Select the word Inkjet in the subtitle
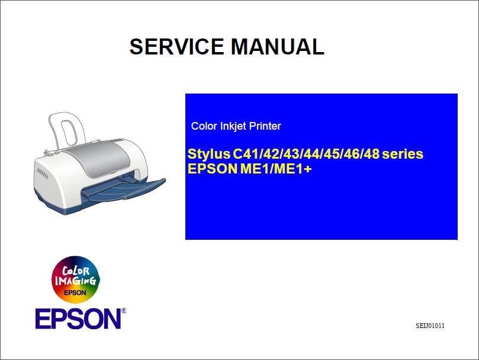pyautogui.click(x=233, y=126)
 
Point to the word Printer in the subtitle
pyautogui.click(x=265, y=126)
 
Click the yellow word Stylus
pyautogui.click(x=208, y=155)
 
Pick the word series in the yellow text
pyautogui.click(x=403, y=155)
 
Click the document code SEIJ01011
pyautogui.click(x=430, y=326)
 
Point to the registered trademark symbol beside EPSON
pyautogui.click(x=124, y=310)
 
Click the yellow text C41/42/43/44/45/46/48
pyautogui.click(x=306, y=155)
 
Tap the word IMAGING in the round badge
pyautogui.click(x=75, y=281)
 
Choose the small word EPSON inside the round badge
pyautogui.click(x=75, y=292)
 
